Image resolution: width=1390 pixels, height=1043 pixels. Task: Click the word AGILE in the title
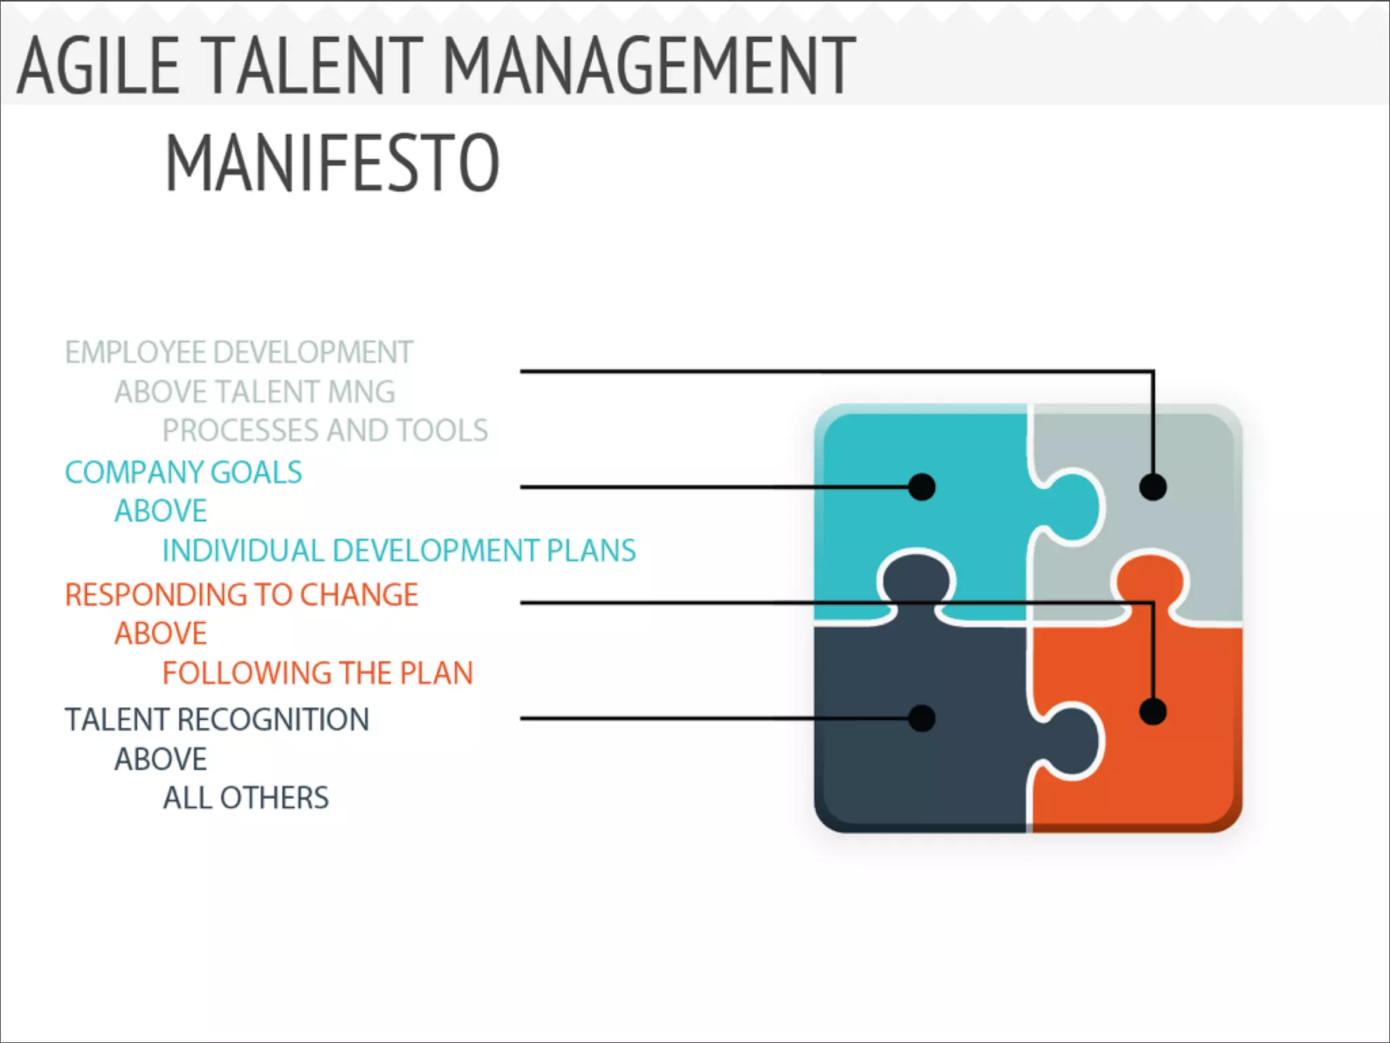[98, 65]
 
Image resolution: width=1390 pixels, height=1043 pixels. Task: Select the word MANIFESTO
[333, 163]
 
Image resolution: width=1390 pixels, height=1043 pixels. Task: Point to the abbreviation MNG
[361, 392]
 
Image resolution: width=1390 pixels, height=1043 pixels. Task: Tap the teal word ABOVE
[161, 511]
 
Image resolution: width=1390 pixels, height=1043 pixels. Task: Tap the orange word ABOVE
[161, 634]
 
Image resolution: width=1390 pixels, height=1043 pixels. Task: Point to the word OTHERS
[275, 798]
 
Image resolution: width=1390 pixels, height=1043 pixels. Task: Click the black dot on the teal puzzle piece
[922, 487]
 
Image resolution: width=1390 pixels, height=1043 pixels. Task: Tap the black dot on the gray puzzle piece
[1153, 487]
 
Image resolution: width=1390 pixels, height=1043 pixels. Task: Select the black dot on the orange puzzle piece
[1153, 712]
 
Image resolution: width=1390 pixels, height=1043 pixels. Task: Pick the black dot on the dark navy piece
[922, 718]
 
